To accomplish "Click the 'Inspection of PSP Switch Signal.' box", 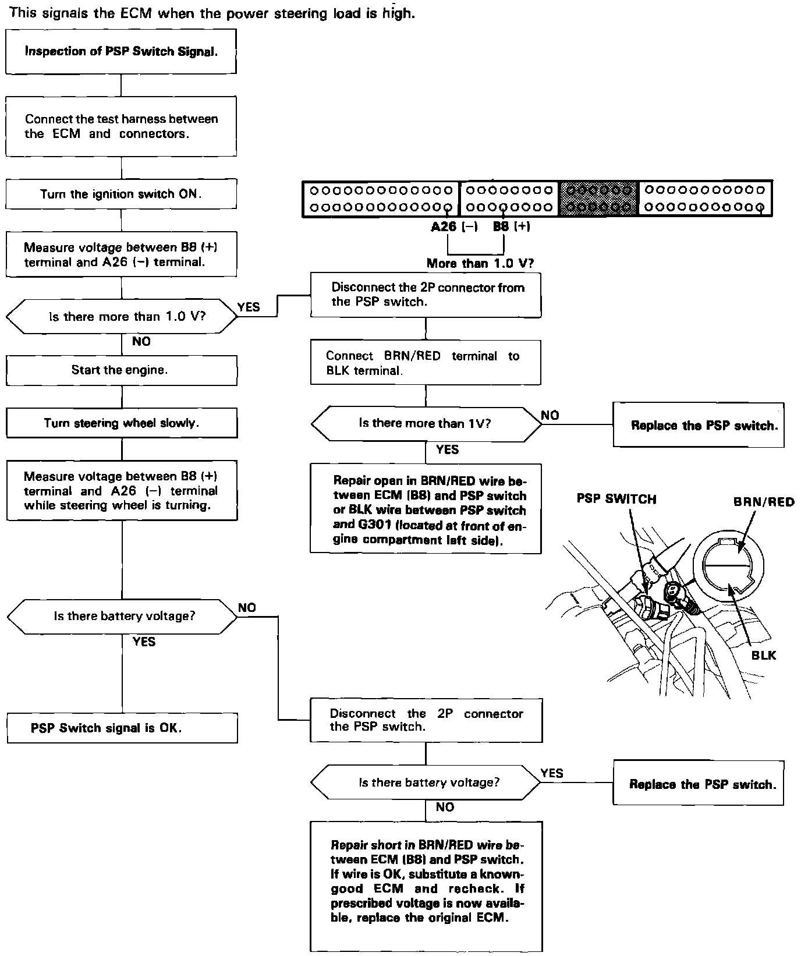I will [121, 52].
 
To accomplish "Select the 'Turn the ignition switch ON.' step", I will [121, 194].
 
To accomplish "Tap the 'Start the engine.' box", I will [121, 370].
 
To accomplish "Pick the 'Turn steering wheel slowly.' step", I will [121, 423].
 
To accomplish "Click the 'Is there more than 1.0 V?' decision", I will [121, 317].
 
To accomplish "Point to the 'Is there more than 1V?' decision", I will [426, 423].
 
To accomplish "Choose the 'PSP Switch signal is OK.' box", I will [121, 728].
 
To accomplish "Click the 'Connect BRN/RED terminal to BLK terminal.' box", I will [426, 363].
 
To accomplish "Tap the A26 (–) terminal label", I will [454, 227].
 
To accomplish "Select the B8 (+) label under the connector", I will [512, 227].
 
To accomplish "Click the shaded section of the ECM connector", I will [599, 199].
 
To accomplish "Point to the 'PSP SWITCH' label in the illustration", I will [616, 500].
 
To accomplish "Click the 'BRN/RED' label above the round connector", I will [764, 502].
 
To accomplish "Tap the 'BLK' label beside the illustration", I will [764, 656].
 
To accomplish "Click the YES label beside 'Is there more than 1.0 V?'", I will [249, 307].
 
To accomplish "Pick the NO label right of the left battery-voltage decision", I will [247, 608].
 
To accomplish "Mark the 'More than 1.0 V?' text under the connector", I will [480, 263].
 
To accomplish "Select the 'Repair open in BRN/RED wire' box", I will [426, 508].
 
